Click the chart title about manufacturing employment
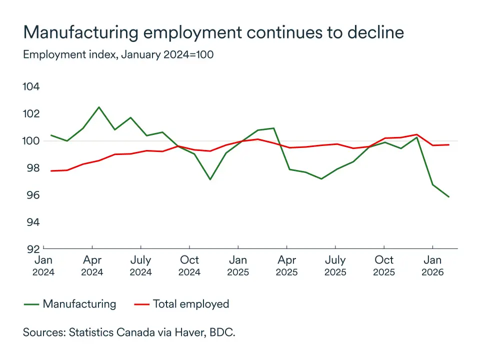(213, 32)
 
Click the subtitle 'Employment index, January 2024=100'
(118, 54)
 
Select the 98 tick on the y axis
(31, 168)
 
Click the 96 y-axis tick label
(31, 195)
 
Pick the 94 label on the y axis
(31, 222)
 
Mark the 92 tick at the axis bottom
(31, 248)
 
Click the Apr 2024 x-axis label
(92, 265)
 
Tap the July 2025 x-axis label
(335, 265)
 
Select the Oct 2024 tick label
(189, 265)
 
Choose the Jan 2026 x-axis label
(432, 265)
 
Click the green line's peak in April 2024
(98, 107)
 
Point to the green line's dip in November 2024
(210, 179)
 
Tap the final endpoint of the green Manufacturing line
(448, 197)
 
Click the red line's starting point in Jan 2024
(50, 171)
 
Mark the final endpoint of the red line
(448, 145)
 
